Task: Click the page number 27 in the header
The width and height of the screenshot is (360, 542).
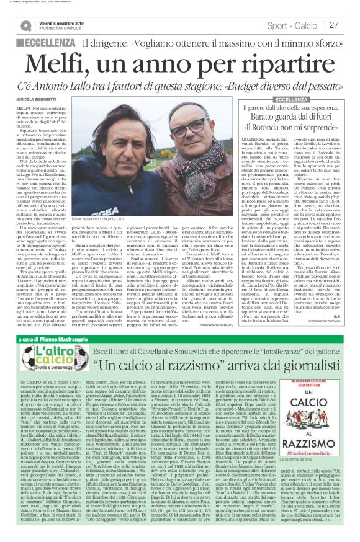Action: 334,25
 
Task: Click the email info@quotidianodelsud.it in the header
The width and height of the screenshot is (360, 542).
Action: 62,29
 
